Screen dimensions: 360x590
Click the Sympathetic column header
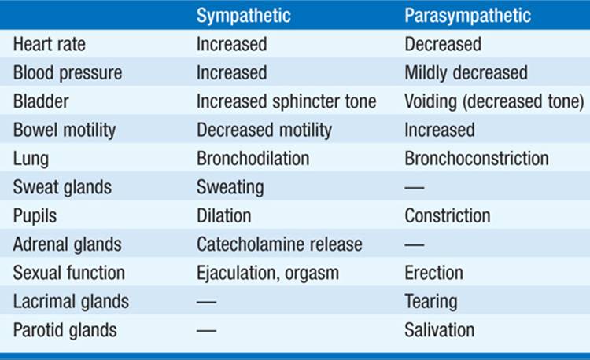pos(243,16)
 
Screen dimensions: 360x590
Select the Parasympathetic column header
pos(467,16)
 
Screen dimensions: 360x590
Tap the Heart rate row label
pos(50,44)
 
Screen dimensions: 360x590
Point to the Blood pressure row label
pos(68,73)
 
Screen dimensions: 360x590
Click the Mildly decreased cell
pos(466,73)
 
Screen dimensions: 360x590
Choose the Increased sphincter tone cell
pos(286,101)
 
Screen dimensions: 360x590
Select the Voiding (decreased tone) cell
pos(494,101)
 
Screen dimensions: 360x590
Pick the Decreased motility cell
pos(264,130)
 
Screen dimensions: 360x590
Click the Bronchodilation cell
pos(253,158)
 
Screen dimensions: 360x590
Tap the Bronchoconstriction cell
pos(476,158)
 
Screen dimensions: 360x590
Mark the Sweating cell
pos(230,187)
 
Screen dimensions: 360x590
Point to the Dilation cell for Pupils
pos(223,215)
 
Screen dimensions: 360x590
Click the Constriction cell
pos(447,215)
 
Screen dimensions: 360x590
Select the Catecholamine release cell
pos(279,244)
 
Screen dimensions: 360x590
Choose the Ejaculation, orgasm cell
pos(267,273)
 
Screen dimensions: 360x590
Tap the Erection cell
pos(433,273)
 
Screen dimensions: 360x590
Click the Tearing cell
pos(431,301)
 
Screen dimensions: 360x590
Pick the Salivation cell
pos(439,329)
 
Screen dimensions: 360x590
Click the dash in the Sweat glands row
pos(414,188)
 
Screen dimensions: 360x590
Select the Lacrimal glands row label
pos(70,301)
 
